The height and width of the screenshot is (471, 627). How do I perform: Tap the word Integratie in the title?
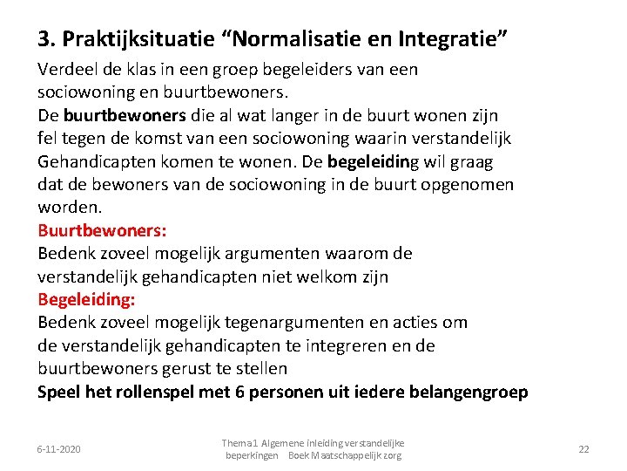pyautogui.click(x=448, y=39)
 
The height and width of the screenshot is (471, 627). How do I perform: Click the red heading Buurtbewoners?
pyautogui.click(x=102, y=231)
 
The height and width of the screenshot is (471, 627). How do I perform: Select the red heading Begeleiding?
pyautogui.click(x=86, y=299)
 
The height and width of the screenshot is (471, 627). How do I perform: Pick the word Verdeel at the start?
pyautogui.click(x=66, y=69)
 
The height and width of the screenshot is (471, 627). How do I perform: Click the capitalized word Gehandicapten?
pyautogui.click(x=93, y=161)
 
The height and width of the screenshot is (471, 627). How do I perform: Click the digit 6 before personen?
pyautogui.click(x=239, y=392)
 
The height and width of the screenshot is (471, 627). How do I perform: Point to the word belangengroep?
pyautogui.click(x=469, y=392)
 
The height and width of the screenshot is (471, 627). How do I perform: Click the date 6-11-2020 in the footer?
pyautogui.click(x=58, y=448)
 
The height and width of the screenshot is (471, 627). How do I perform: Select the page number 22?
pyautogui.click(x=583, y=448)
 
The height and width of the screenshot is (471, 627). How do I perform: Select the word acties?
pyautogui.click(x=415, y=322)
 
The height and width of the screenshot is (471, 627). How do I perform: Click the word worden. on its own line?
pyautogui.click(x=70, y=208)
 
